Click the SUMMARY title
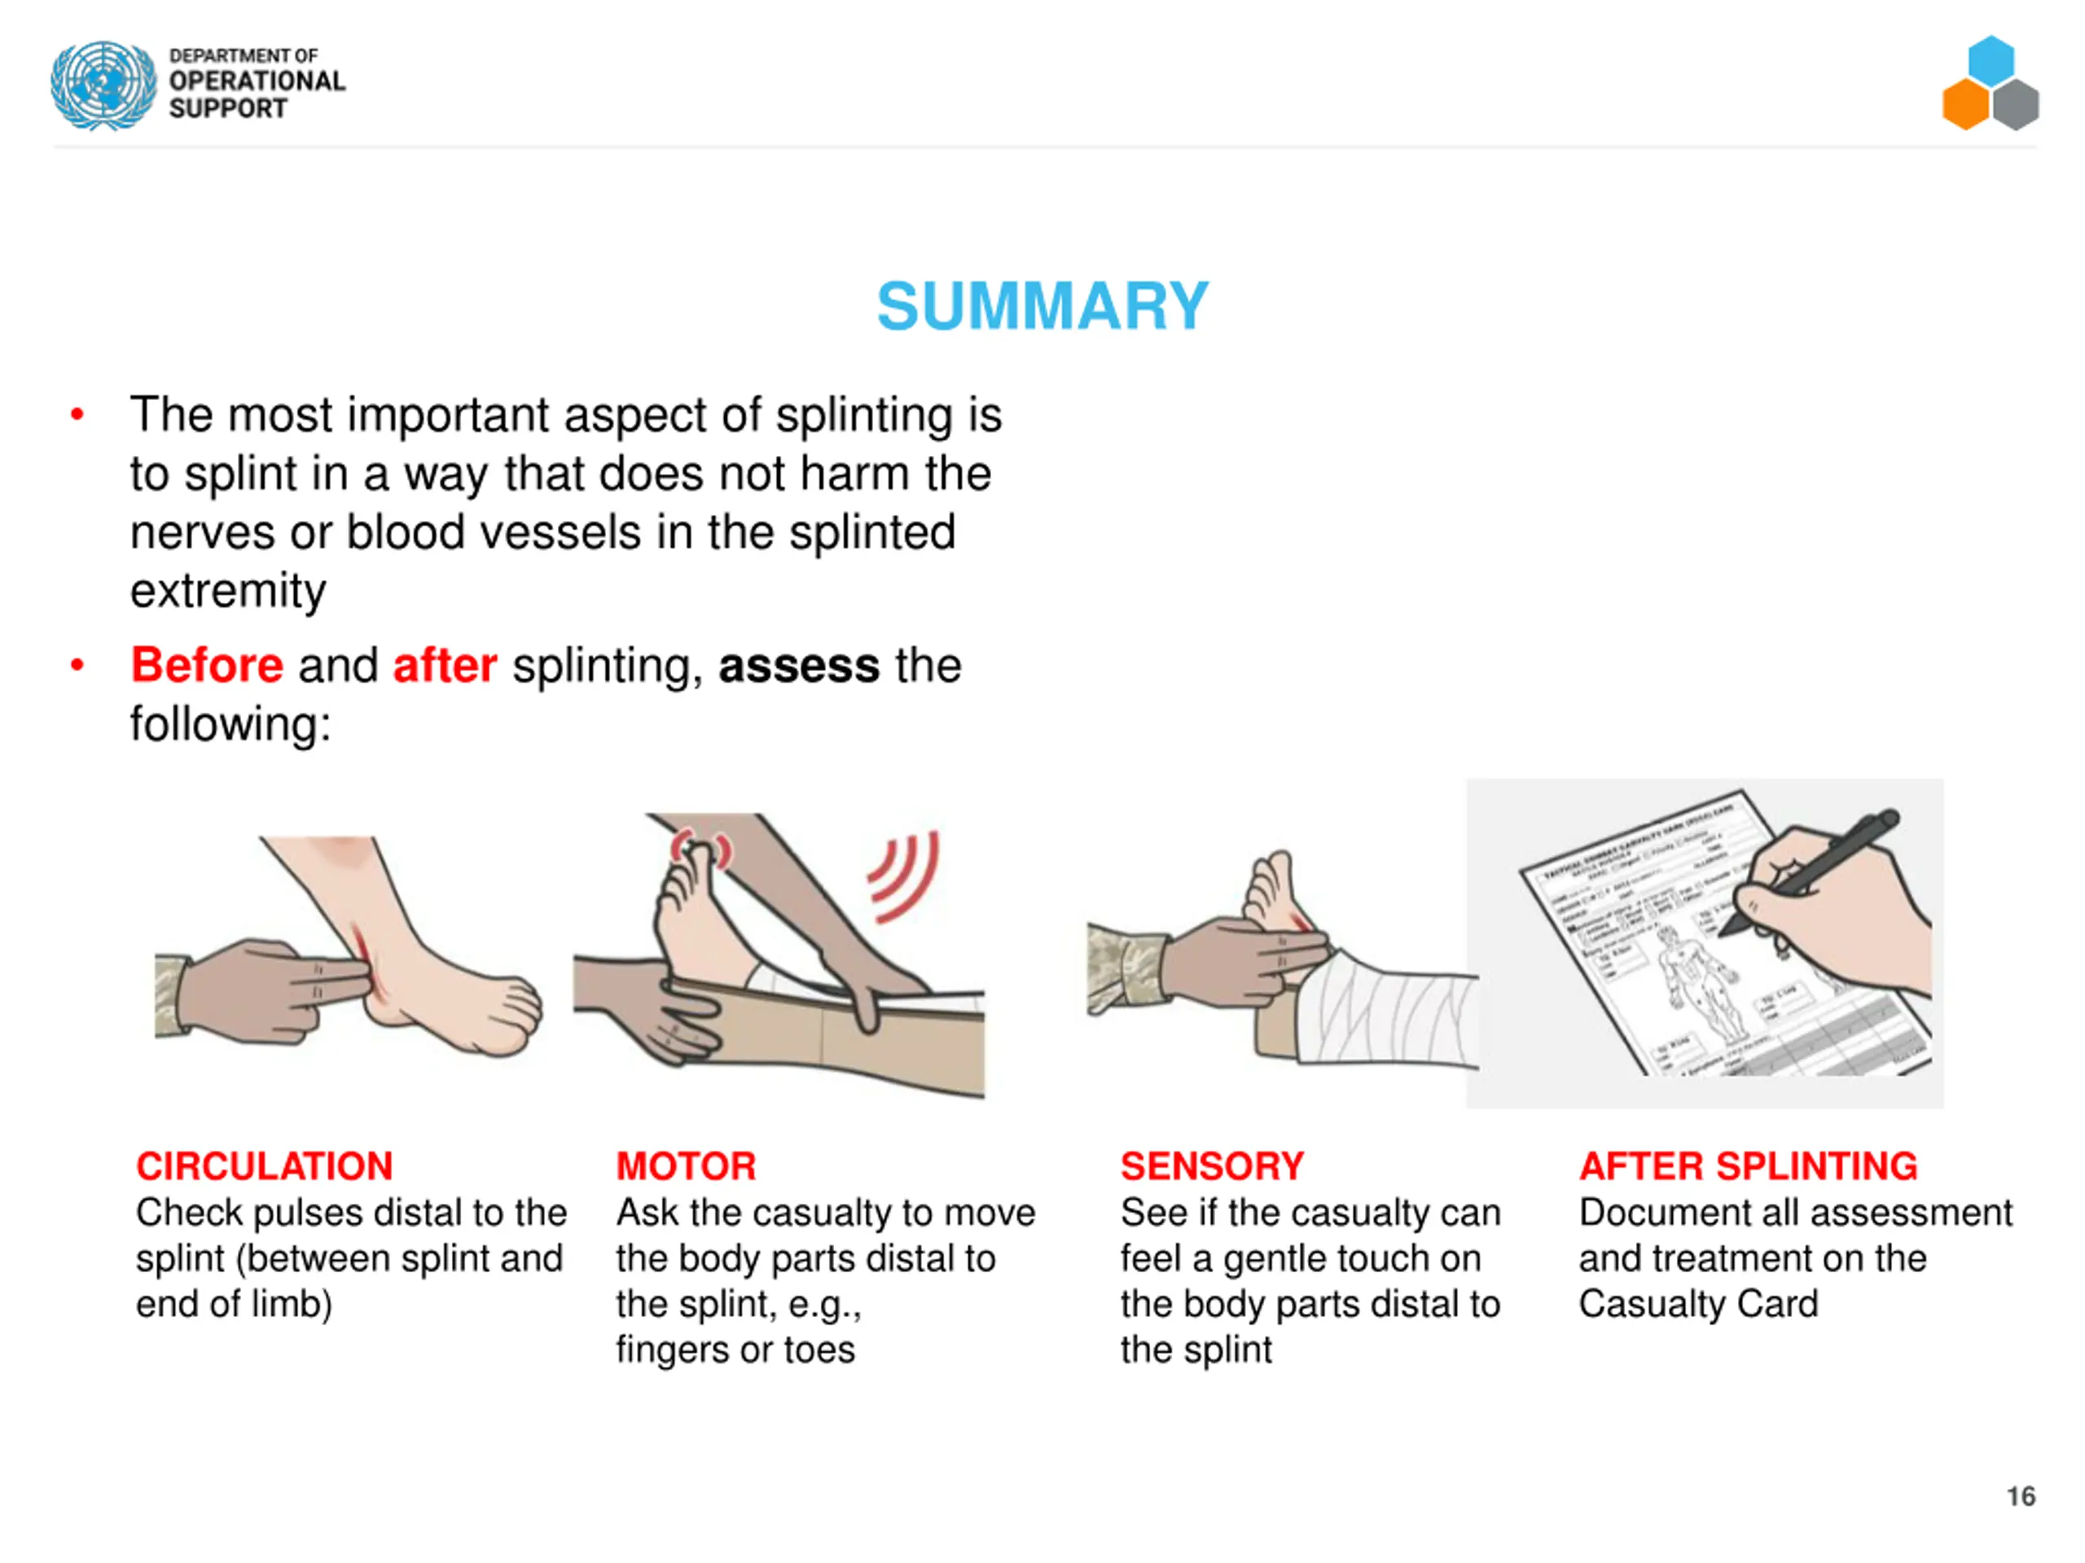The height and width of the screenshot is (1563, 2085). coord(1042,306)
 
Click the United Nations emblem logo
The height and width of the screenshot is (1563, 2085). coord(103,85)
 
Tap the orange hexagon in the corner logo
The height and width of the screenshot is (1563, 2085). coord(1966,103)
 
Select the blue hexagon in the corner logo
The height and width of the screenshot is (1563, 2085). coord(1991,60)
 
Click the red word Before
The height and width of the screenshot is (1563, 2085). coord(206,665)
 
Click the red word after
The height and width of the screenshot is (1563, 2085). coord(444,665)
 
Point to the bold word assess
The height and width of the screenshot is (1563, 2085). coord(798,665)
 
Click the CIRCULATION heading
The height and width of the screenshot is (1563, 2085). coord(264,1166)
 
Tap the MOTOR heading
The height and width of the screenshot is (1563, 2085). coord(685,1166)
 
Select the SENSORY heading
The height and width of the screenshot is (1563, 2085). coord(1211,1166)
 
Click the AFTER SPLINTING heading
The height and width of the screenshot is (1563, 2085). coord(1748,1166)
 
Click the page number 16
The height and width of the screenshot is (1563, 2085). coord(2020,1496)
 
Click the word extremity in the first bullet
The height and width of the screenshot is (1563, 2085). coord(228,592)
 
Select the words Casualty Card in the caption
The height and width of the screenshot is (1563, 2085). coord(1697,1304)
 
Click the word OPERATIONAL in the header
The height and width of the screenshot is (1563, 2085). coord(257,81)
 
